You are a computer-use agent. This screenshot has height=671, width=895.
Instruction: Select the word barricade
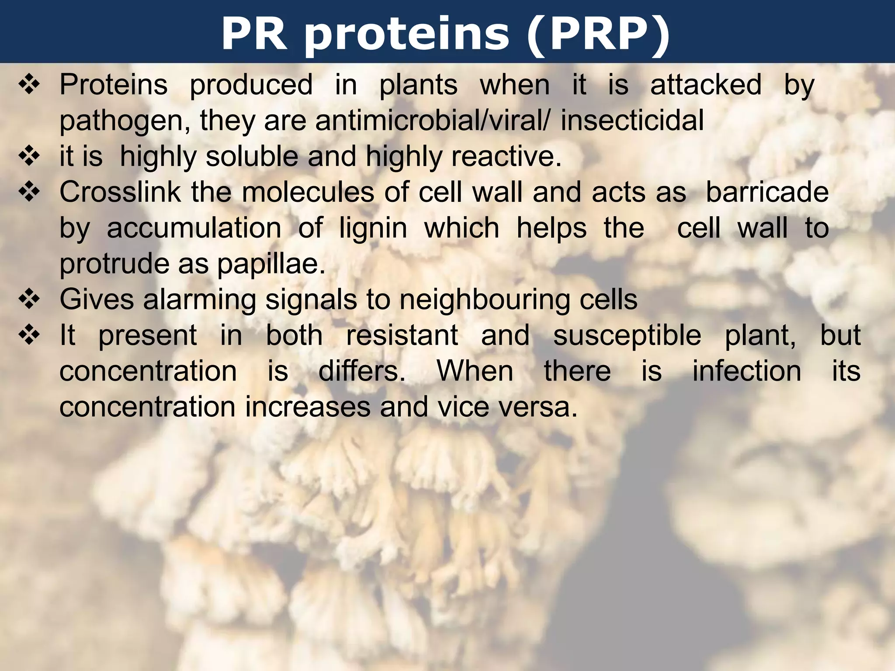click(x=767, y=192)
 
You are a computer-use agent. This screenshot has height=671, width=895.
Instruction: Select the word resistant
click(x=402, y=335)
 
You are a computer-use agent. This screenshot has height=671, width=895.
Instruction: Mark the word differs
click(x=361, y=371)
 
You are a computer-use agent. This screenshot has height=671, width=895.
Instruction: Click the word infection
click(x=747, y=371)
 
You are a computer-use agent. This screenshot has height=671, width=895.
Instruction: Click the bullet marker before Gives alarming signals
click(x=29, y=300)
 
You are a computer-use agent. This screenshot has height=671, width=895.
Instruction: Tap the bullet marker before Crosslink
click(x=29, y=192)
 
